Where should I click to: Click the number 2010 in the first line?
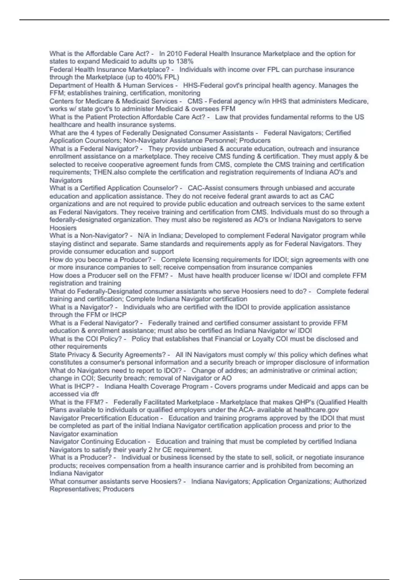tap(174, 54)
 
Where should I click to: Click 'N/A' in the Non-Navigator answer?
tap(143, 236)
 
